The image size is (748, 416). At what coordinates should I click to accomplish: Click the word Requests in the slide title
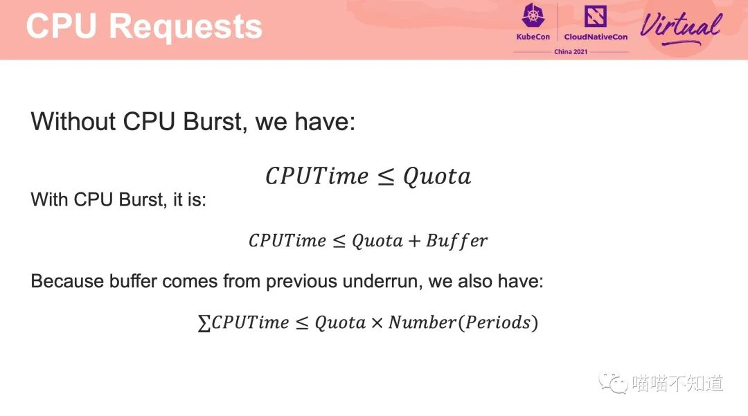click(x=186, y=27)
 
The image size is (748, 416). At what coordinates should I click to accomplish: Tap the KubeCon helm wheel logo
click(x=533, y=15)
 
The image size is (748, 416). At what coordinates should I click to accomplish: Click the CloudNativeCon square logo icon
click(x=596, y=16)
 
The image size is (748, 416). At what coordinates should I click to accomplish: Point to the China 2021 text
click(x=571, y=51)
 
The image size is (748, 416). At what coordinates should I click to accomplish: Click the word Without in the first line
click(x=73, y=121)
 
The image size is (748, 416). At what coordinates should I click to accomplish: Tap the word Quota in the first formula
click(x=437, y=177)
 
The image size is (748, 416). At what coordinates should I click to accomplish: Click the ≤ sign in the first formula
click(x=386, y=177)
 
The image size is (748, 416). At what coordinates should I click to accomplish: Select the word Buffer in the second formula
click(x=456, y=241)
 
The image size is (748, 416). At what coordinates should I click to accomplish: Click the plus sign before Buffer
click(x=414, y=241)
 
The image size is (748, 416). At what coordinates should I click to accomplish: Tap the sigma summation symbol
click(x=204, y=323)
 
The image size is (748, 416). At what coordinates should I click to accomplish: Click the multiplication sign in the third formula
click(x=377, y=323)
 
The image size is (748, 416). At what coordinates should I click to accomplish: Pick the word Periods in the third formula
click(x=498, y=323)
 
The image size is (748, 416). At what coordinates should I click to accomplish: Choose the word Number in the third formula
click(x=422, y=323)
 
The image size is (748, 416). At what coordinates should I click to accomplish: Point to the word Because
click(x=67, y=281)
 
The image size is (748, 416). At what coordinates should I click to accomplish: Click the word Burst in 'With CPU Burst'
click(x=141, y=199)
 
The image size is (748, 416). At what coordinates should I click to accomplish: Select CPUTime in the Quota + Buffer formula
click(x=287, y=241)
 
